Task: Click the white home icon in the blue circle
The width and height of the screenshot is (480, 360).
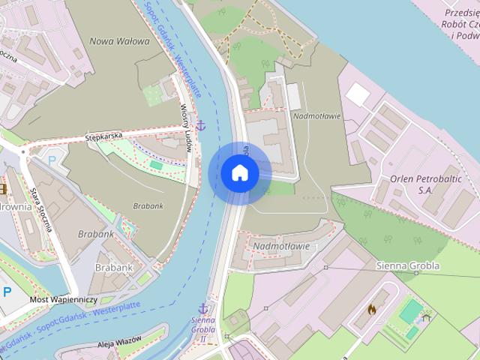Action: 240,173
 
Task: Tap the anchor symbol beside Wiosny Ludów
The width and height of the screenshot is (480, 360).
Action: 200,124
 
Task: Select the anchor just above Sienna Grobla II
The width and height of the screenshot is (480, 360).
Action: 202,308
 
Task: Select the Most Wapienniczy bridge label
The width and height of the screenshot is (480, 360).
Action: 64,299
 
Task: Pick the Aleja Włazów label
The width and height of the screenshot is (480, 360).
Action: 119,343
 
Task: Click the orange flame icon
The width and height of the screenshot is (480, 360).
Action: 372,308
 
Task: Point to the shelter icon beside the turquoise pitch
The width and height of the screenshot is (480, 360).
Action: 427,316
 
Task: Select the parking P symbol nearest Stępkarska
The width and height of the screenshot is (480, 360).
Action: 51,161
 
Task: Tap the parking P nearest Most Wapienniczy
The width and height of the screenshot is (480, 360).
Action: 7,292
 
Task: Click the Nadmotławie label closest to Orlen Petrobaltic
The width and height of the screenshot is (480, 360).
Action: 317,116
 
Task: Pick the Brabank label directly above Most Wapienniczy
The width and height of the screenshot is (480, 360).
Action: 114,267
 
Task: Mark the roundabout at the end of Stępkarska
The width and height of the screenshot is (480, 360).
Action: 24,151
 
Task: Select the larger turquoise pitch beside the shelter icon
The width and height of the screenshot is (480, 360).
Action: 410,310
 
